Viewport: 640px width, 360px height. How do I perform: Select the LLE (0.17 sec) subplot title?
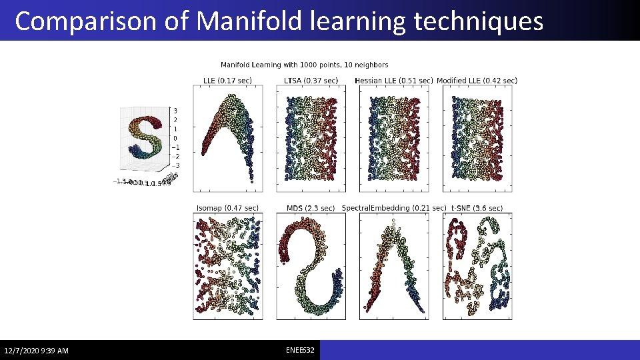point(227,81)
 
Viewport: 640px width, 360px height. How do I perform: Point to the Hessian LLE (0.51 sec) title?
point(393,81)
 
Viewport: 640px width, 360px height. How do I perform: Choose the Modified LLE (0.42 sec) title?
point(477,81)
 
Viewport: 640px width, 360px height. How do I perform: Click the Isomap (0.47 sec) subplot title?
point(227,208)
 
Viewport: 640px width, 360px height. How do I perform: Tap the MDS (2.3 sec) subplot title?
point(310,208)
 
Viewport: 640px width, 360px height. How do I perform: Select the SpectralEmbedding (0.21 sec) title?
point(393,208)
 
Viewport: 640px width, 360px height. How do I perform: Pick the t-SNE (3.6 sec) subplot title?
point(477,208)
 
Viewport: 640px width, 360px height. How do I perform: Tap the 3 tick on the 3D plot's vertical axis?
point(175,111)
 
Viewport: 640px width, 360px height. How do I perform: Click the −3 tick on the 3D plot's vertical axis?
point(175,165)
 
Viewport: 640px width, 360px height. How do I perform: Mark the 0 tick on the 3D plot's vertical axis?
point(175,138)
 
